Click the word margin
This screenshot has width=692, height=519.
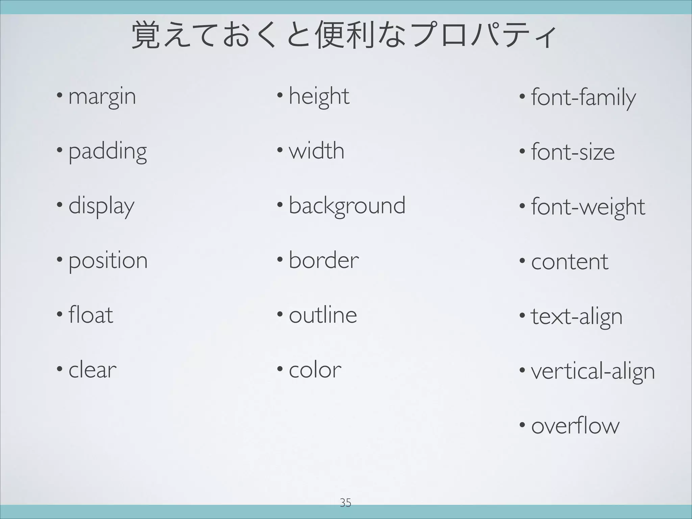tap(102, 97)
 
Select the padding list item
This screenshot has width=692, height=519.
tap(107, 152)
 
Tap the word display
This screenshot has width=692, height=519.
tap(101, 206)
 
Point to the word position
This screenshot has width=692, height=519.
tap(108, 261)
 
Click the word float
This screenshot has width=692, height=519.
tap(91, 315)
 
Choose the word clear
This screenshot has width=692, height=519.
tap(92, 370)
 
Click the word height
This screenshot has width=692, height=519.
tap(319, 97)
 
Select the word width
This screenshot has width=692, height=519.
tap(317, 151)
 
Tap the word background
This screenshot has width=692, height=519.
tap(347, 206)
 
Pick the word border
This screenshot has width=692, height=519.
tap(324, 261)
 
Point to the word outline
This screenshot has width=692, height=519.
tap(323, 315)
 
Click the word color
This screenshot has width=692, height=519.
tap(315, 370)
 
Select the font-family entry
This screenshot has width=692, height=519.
tap(583, 98)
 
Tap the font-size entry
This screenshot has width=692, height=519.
tap(573, 152)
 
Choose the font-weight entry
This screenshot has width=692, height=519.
tap(588, 207)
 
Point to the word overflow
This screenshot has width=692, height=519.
tap(575, 426)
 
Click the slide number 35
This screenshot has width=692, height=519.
tap(345, 503)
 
